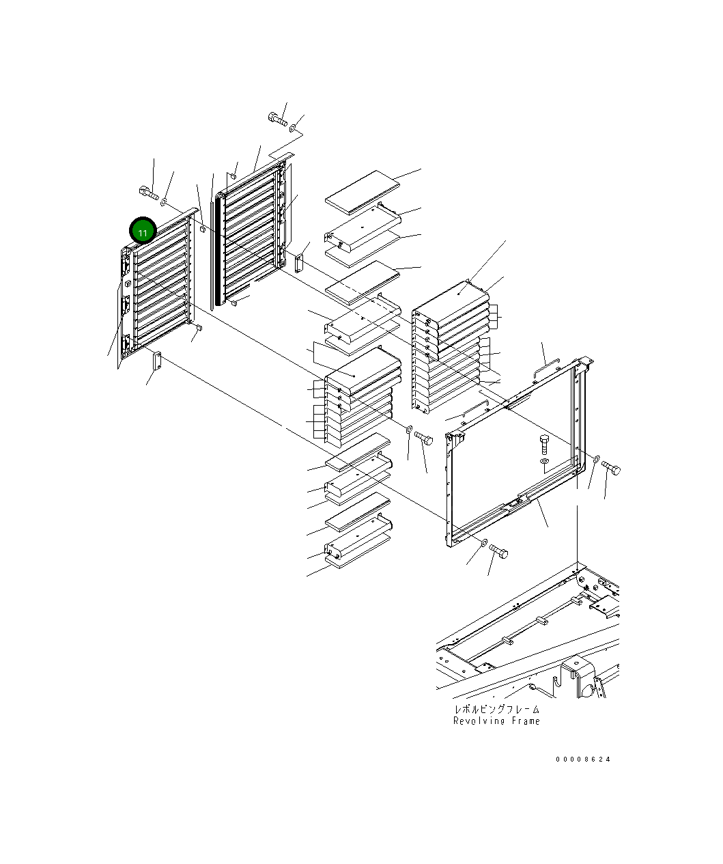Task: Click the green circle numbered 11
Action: [x=143, y=232]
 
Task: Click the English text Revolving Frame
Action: [x=496, y=721]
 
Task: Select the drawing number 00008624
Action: [x=583, y=759]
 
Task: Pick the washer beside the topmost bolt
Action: [x=293, y=128]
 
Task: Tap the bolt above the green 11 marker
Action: [x=148, y=193]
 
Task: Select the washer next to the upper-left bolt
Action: [x=165, y=202]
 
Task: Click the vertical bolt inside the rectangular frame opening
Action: [x=543, y=443]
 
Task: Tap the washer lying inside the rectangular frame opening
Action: [x=543, y=462]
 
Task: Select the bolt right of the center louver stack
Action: [x=423, y=438]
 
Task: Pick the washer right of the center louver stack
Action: [x=409, y=430]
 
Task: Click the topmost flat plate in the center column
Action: [x=363, y=187]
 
